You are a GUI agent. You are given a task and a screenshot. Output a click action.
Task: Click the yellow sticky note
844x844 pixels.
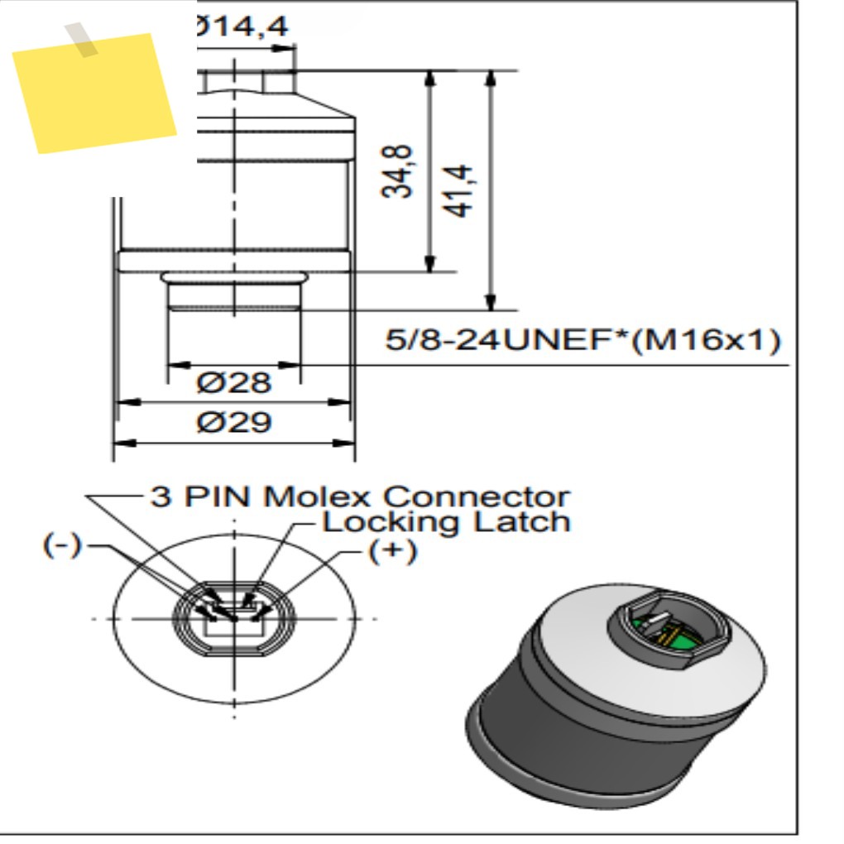click(94, 94)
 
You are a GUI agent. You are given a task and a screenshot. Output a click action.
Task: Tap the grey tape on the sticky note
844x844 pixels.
click(81, 39)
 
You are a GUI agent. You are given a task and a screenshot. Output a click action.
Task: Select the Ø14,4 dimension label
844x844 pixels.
click(242, 26)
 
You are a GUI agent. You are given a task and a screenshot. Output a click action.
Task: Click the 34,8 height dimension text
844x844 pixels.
click(397, 172)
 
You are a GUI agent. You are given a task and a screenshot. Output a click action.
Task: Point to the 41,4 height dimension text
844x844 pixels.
click(458, 191)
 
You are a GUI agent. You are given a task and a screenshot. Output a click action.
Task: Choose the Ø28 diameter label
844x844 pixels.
click(233, 383)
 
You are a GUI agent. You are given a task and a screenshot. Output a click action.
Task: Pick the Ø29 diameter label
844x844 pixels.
click(234, 422)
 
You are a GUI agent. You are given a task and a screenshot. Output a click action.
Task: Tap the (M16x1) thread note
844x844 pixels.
click(706, 340)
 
